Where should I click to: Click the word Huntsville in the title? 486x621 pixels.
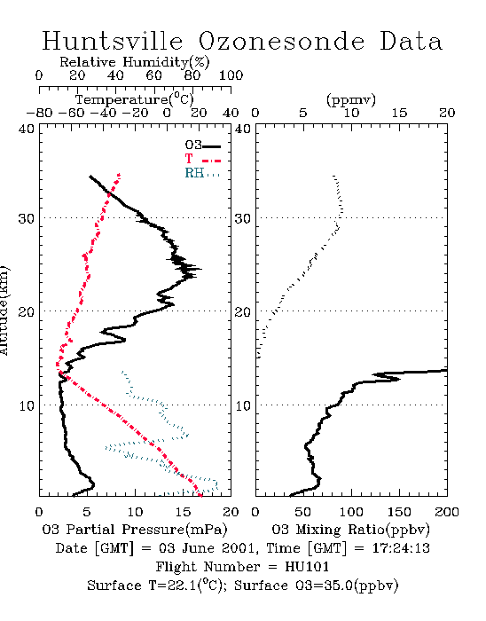pyautogui.click(x=113, y=41)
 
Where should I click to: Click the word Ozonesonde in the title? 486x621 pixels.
pyautogui.click(x=280, y=41)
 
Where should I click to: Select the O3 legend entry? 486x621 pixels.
pyautogui.click(x=202, y=145)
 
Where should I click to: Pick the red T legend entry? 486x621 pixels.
pyautogui.click(x=202, y=159)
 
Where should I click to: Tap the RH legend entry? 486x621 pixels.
pyautogui.click(x=202, y=173)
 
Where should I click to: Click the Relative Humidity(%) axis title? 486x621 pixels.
pyautogui.click(x=135, y=62)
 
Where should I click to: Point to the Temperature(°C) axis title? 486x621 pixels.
pyautogui.click(x=135, y=99)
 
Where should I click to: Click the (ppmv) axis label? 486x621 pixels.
pyautogui.click(x=351, y=99)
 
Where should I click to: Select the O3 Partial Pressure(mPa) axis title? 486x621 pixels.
pyautogui.click(x=135, y=530)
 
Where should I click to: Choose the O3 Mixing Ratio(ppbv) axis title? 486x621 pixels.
pyautogui.click(x=350, y=530)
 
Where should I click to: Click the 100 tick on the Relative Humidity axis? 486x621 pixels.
pyautogui.click(x=231, y=75)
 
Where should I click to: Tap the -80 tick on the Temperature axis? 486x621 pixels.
pyautogui.click(x=39, y=113)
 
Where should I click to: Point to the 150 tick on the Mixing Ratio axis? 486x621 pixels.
pyautogui.click(x=399, y=512)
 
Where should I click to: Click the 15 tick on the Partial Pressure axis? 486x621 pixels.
pyautogui.click(x=184, y=512)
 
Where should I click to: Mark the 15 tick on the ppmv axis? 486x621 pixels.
pyautogui.click(x=399, y=113)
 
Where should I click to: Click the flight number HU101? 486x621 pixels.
pyautogui.click(x=307, y=567)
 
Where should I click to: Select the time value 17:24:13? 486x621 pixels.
pyautogui.click(x=401, y=548)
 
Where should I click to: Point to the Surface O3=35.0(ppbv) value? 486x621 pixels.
pyautogui.click(x=317, y=586)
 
